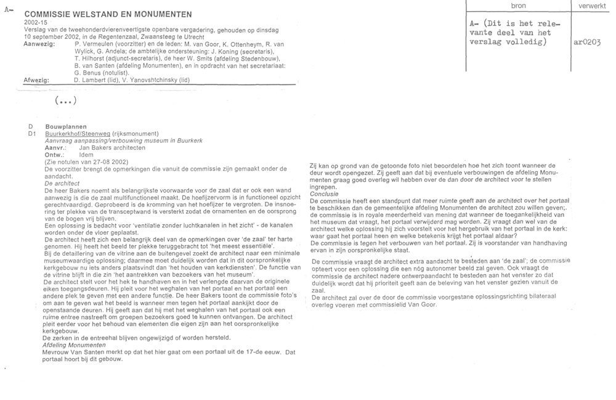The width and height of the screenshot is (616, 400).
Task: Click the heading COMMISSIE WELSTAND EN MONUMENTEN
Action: (108, 14)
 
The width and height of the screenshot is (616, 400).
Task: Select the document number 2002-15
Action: (35, 22)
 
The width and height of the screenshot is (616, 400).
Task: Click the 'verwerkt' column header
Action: (592, 5)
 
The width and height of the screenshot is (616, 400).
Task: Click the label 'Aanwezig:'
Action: (38, 45)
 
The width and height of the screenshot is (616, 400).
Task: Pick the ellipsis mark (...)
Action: (65, 101)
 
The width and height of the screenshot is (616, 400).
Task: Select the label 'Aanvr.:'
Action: (56, 148)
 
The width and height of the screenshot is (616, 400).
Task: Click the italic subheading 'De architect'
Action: (62, 183)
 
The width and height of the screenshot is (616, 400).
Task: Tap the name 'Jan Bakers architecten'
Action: (113, 148)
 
